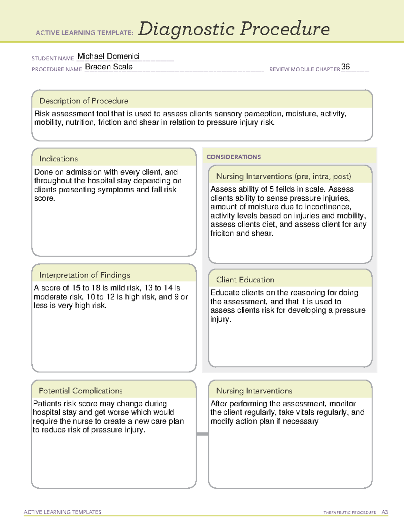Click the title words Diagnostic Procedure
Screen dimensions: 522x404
(234, 29)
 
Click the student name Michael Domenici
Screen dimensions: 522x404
(108, 56)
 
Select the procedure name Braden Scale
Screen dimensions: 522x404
(109, 67)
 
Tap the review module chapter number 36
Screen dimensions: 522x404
(345, 67)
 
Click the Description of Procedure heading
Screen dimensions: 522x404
(83, 101)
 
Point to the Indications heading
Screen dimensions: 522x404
(58, 159)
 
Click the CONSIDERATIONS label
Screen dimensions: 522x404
(234, 157)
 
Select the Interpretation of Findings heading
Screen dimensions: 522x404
(85, 275)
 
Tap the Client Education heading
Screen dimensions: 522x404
(245, 280)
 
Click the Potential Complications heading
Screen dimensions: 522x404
(80, 391)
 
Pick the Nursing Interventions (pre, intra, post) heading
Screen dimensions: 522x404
(283, 176)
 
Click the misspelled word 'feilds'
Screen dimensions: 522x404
(285, 189)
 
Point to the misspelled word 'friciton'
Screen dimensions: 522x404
(222, 233)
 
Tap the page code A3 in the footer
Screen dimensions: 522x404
(384, 512)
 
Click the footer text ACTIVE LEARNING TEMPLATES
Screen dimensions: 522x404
(63, 512)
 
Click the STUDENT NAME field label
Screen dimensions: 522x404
(53, 58)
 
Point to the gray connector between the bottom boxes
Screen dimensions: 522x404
(202, 434)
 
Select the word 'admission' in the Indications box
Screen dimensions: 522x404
(84, 172)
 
